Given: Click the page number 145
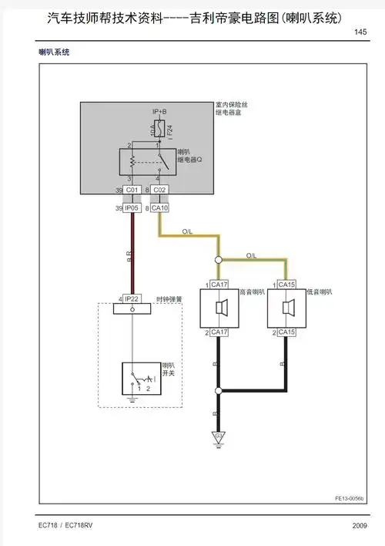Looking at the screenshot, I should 360,32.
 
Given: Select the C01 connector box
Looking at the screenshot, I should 132,189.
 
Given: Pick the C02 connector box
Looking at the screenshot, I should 159,189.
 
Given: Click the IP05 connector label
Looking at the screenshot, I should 132,207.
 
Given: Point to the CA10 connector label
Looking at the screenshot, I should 160,207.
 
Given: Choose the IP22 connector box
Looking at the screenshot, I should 132,298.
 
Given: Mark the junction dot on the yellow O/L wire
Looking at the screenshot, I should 219,260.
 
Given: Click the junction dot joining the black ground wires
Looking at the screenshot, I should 219,390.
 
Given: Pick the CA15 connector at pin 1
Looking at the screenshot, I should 286,285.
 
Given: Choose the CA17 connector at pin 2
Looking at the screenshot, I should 219,332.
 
